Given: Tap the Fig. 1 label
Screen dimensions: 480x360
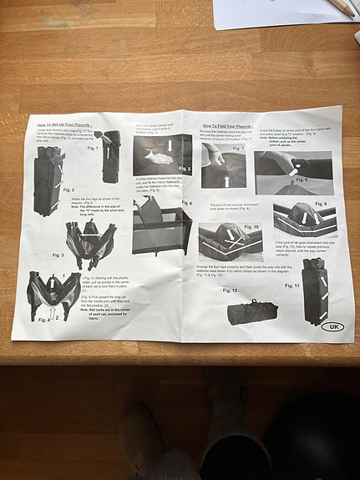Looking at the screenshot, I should (92, 149).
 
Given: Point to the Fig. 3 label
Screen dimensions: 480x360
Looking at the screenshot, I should (58, 255).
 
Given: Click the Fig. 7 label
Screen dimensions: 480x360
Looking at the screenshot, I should (238, 149).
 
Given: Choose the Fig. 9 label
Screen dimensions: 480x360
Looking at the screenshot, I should (320, 204).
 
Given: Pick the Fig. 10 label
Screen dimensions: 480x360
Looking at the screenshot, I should (251, 226).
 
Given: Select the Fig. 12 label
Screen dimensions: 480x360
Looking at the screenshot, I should (230, 291).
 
